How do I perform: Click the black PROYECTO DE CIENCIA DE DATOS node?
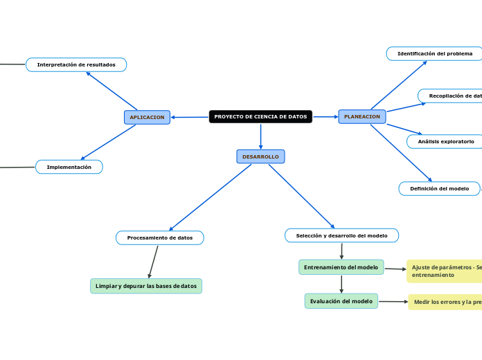[x=260, y=116]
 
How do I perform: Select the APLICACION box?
[x=147, y=117]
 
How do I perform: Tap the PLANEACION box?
[x=362, y=116]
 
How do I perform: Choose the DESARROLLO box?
[x=260, y=156]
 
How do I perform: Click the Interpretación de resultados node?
[x=76, y=64]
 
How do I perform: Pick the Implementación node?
[x=69, y=167]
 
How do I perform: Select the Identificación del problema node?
[x=434, y=53]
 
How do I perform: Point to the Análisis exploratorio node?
[x=445, y=141]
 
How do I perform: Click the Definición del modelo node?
[x=439, y=188]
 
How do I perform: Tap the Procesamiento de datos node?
[x=160, y=237]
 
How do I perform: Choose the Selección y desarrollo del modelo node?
[x=341, y=235]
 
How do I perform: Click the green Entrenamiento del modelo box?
[x=341, y=267]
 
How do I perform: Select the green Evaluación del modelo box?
[x=341, y=301]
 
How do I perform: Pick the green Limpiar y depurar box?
[x=146, y=286]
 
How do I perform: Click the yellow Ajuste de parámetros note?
[x=444, y=271]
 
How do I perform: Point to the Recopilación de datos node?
[x=451, y=96]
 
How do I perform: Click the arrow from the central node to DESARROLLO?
[x=260, y=136]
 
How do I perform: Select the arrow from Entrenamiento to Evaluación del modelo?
[x=341, y=284]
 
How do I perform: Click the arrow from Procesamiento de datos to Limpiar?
[x=153, y=262]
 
